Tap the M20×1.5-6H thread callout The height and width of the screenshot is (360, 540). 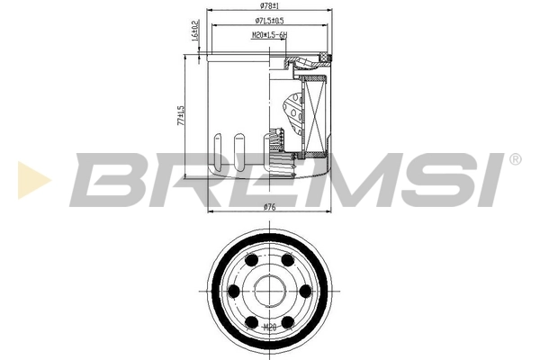click(268, 38)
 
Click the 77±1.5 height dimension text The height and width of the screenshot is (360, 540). click(181, 115)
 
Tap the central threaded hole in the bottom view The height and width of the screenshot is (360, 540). click(268, 291)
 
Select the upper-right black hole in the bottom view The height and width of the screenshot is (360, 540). click(287, 261)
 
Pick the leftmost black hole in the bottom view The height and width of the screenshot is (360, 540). click(234, 291)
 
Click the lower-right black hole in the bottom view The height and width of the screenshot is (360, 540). click(287, 320)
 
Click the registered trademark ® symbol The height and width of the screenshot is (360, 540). click(514, 159)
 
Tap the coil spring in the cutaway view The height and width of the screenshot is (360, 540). click(277, 148)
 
